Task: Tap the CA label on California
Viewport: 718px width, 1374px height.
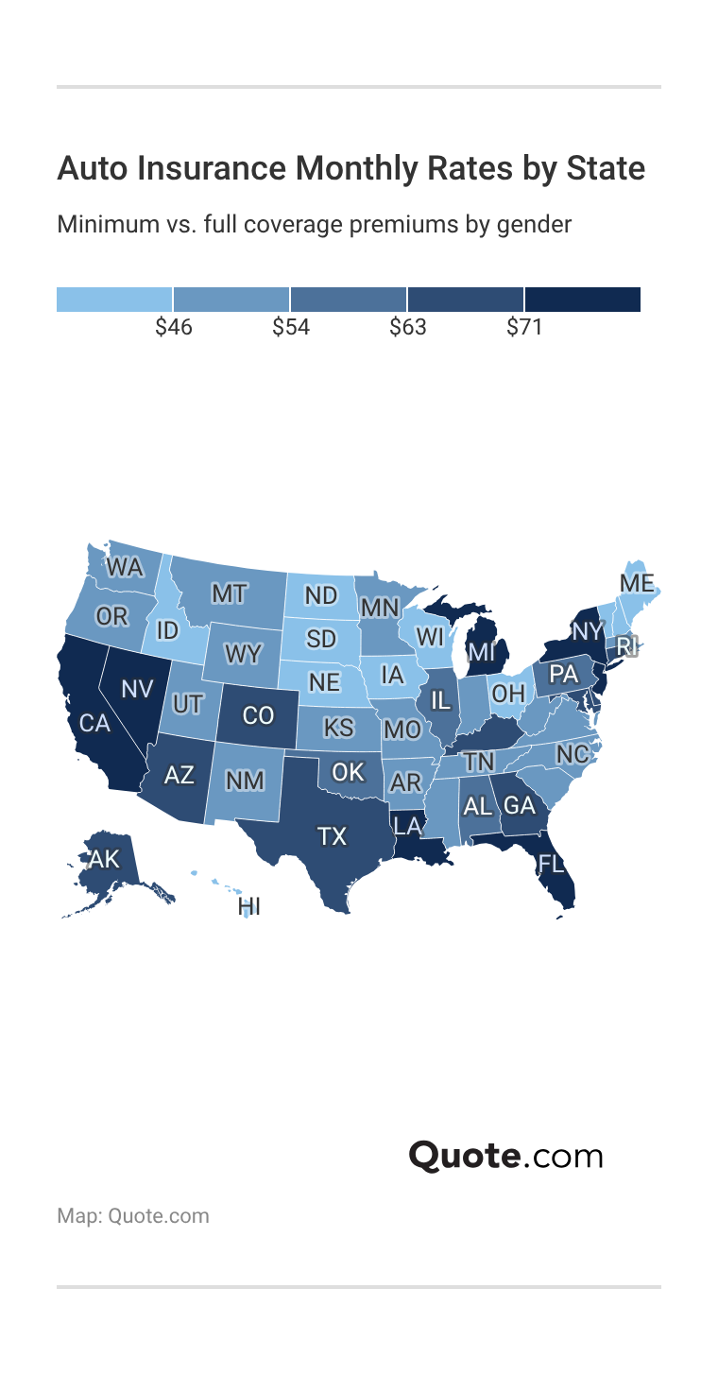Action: (94, 723)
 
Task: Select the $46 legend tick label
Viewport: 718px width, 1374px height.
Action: (174, 328)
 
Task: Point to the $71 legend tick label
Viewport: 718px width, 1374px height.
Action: (524, 328)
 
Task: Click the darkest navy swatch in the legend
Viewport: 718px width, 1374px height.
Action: (583, 299)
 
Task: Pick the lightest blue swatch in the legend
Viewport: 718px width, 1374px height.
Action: (114, 299)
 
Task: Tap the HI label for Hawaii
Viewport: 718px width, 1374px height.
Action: (249, 907)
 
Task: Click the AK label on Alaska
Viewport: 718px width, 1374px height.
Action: (104, 859)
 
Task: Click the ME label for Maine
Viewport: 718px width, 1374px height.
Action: (637, 583)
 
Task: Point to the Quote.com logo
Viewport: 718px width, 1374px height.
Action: (505, 1156)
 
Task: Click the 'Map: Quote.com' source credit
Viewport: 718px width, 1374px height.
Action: (133, 1215)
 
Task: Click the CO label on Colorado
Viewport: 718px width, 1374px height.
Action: (258, 715)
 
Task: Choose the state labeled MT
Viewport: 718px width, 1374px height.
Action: (229, 593)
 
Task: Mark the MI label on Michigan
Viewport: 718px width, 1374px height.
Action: (481, 652)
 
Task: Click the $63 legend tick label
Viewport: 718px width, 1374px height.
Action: (408, 328)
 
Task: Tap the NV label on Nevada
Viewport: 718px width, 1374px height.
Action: (137, 688)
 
